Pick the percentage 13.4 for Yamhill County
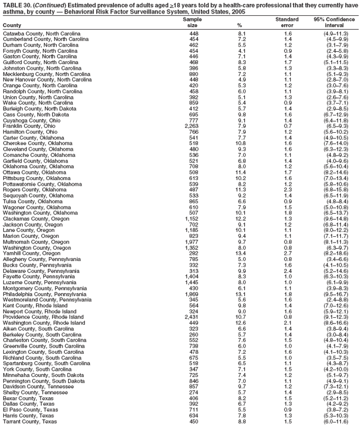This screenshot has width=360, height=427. pos(240,253)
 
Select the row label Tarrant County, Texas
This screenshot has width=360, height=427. pos(30,421)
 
